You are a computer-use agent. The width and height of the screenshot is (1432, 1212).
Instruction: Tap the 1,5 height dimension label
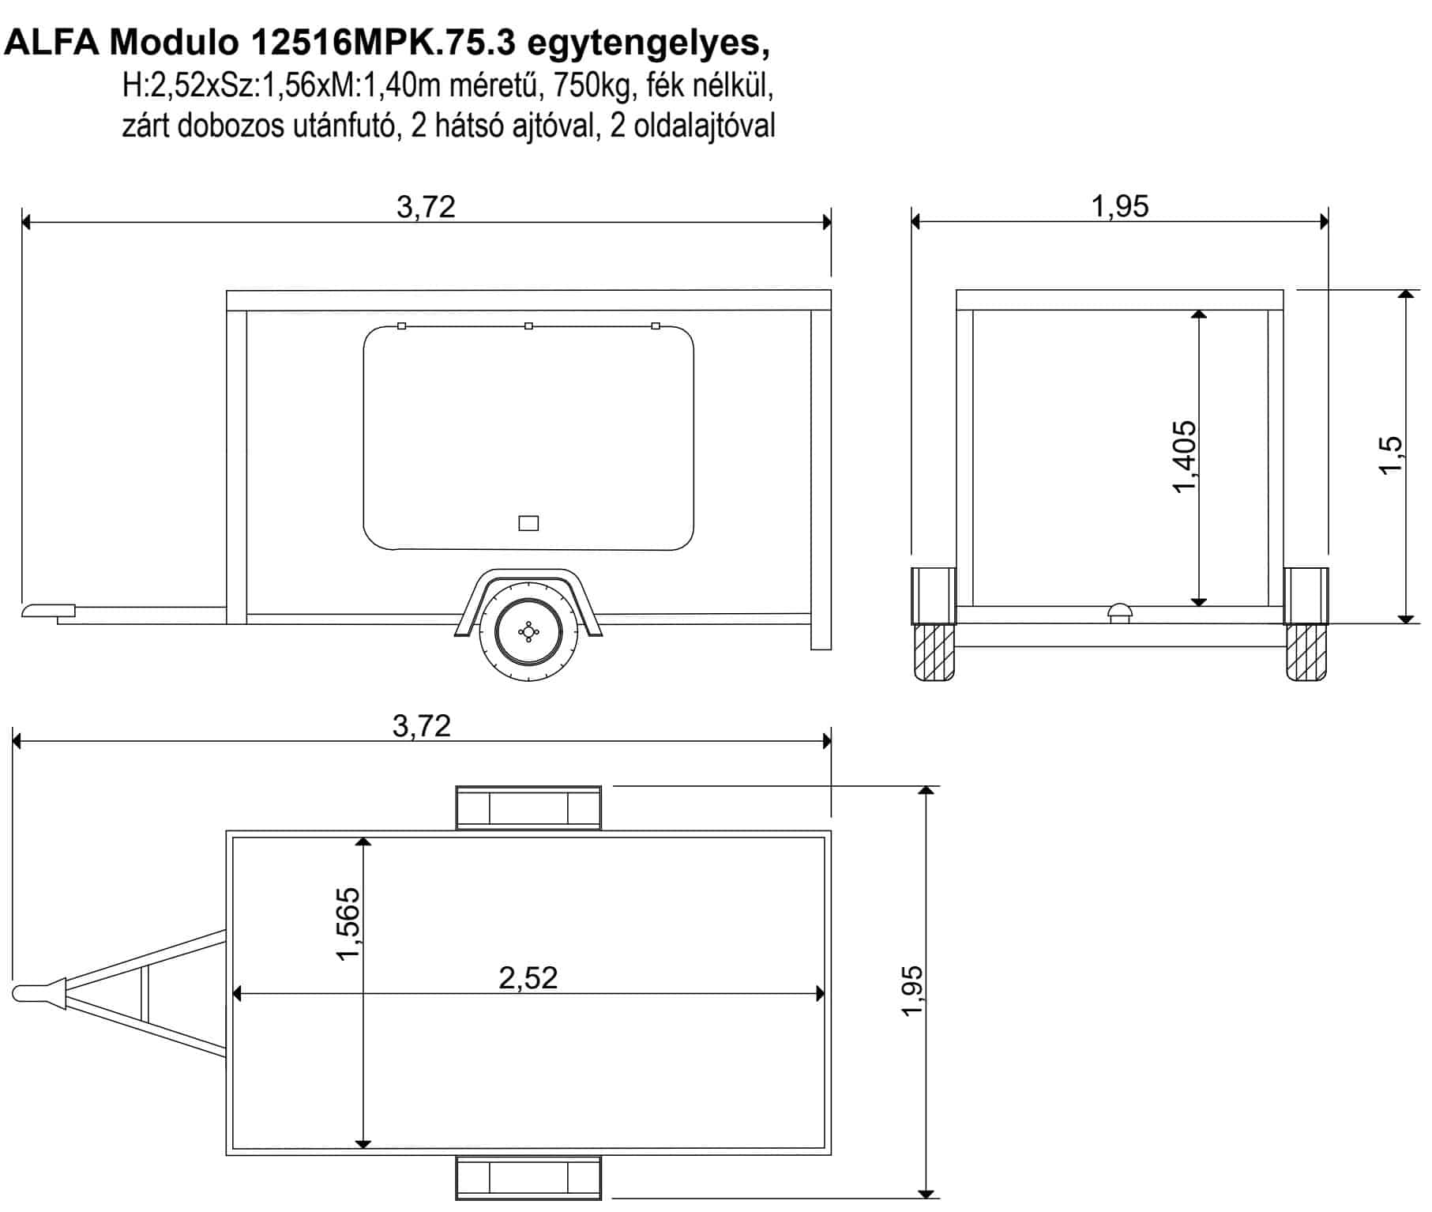(x=1389, y=455)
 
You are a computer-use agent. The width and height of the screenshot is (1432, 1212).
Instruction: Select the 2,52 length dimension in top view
(x=528, y=978)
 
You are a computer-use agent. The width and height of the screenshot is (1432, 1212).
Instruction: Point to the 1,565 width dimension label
(x=348, y=924)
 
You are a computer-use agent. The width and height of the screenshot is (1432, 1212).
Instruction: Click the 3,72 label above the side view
(x=427, y=207)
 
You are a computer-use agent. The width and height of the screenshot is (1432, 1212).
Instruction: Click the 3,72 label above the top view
(x=422, y=725)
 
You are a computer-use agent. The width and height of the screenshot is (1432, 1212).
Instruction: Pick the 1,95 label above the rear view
(x=1120, y=206)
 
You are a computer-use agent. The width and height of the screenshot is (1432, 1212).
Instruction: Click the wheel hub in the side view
(x=528, y=631)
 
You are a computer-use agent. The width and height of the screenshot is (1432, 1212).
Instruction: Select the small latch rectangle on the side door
(x=528, y=523)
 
